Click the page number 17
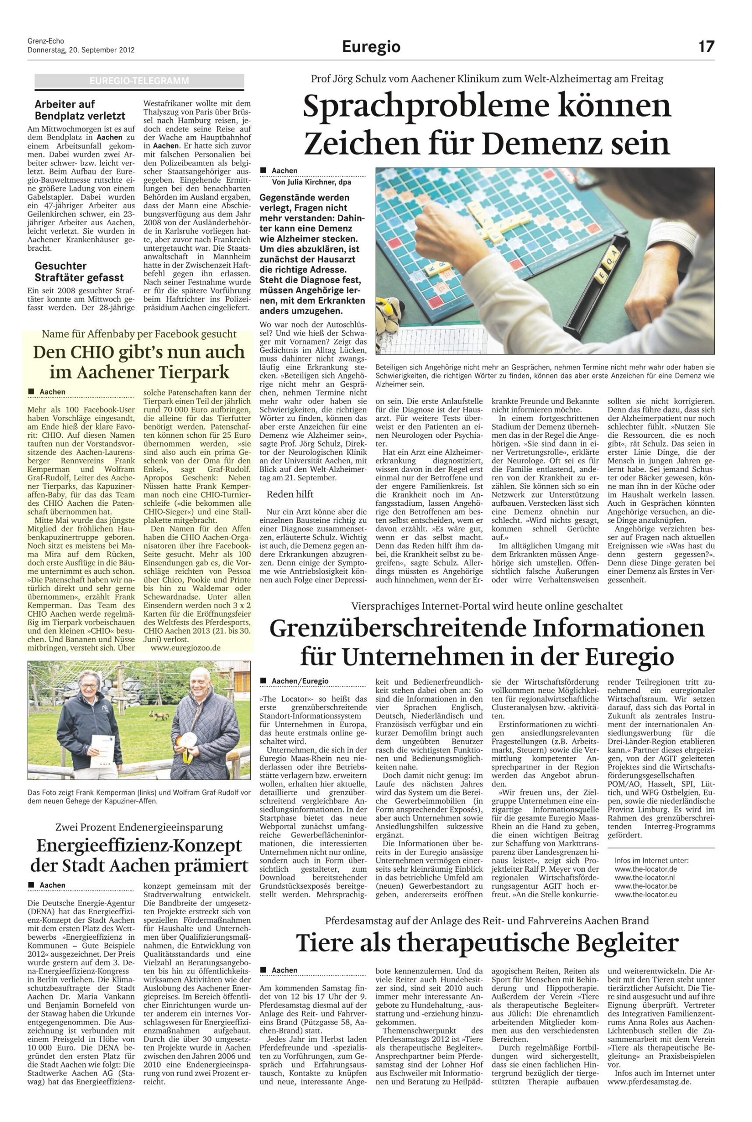click(x=706, y=46)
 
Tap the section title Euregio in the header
click(x=371, y=47)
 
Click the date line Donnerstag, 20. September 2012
click(x=81, y=50)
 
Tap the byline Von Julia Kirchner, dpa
click(x=311, y=182)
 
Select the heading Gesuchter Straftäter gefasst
click(x=79, y=271)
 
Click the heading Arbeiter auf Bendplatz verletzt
click(x=80, y=110)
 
